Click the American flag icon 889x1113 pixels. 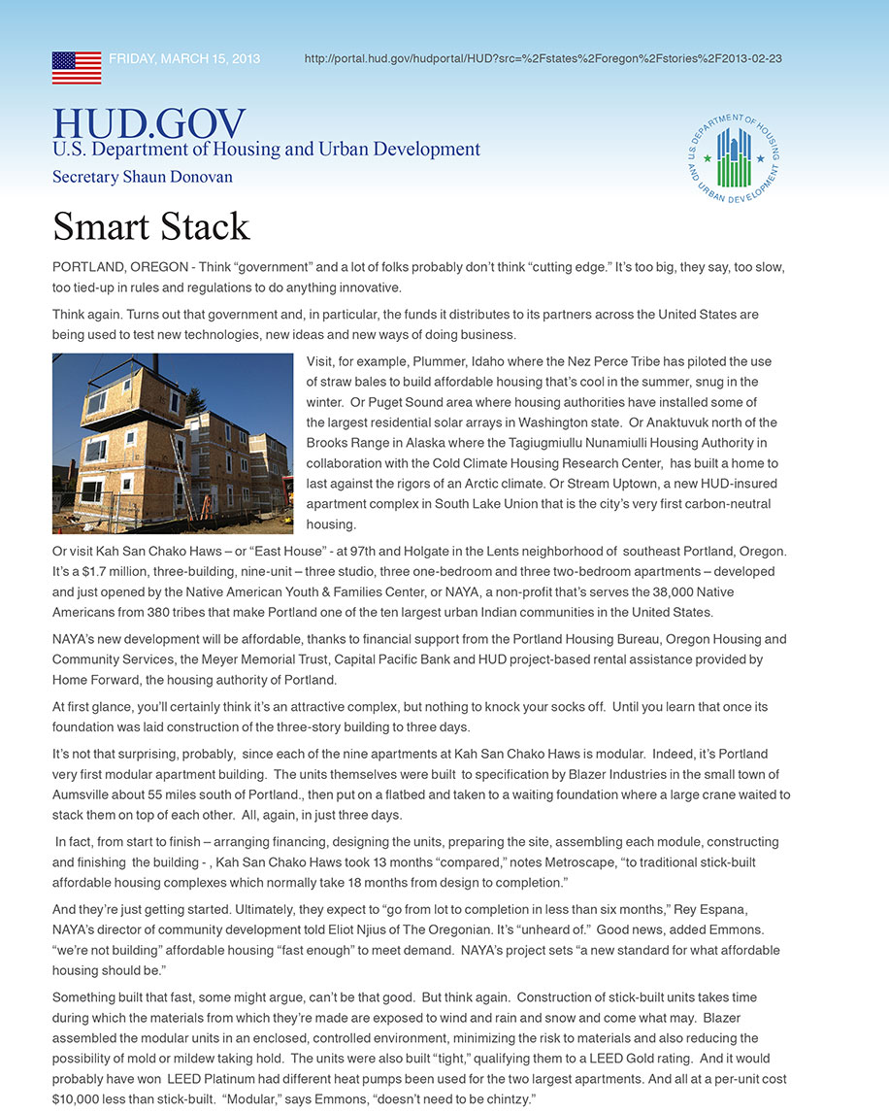pos(77,68)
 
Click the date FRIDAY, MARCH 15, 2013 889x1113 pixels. pos(184,58)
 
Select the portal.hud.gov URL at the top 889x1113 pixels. pos(543,58)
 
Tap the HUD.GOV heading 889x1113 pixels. pos(148,123)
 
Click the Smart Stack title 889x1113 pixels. pos(151,226)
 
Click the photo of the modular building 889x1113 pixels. pos(173,443)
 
